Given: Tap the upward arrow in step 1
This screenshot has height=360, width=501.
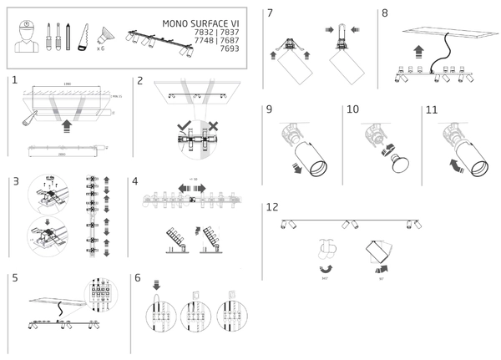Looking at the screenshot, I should coord(67,128).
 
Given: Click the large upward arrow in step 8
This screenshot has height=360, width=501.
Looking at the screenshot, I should coord(419,50).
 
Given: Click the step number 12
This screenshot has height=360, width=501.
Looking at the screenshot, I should coord(272,206).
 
